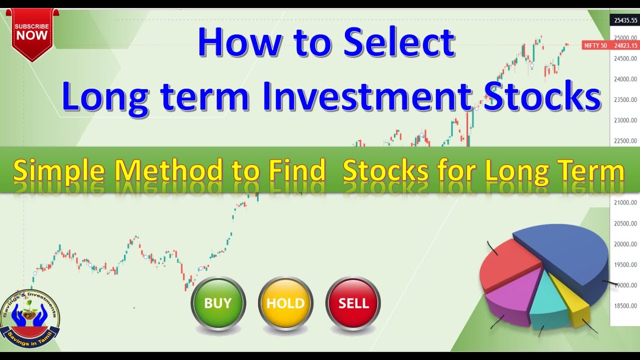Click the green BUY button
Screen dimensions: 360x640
click(218, 303)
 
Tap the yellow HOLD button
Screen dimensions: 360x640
click(285, 303)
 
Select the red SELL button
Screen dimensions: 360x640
click(353, 303)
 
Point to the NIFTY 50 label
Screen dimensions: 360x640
click(595, 45)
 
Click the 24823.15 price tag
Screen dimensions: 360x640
click(625, 45)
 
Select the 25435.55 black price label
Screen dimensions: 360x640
click(625, 20)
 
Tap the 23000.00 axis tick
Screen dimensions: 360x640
click(625, 120)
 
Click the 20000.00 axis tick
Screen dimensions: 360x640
click(625, 244)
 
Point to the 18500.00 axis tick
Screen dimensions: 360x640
click(625, 305)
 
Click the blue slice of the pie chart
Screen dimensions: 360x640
click(565, 250)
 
